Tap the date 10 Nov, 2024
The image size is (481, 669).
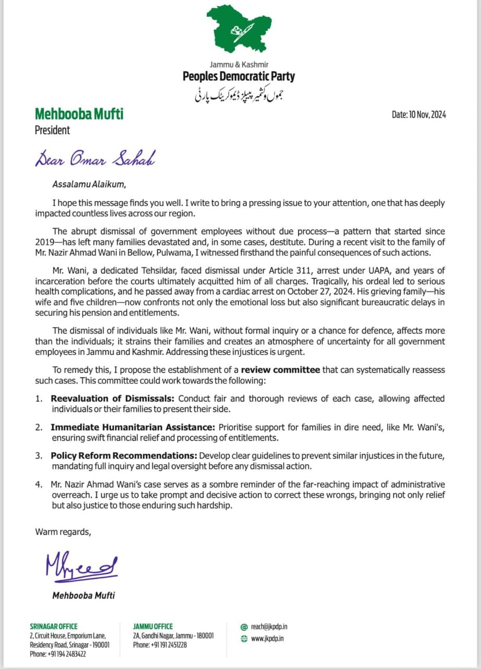pos(419,115)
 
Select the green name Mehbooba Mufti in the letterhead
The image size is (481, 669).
pos(79,114)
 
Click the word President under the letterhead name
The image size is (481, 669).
pos(52,131)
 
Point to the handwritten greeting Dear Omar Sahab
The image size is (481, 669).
pos(95,157)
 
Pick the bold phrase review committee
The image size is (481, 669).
pos(280,370)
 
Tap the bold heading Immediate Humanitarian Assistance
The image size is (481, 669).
pos(133,427)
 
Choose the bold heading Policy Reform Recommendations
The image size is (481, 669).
pos(123,456)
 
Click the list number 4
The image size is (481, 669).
pos(39,485)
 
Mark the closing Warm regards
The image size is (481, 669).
pos(63,532)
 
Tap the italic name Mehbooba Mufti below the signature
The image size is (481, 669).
pos(84,595)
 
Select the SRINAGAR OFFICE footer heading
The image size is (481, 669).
pos(54,626)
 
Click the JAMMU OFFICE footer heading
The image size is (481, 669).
pos(153,626)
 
